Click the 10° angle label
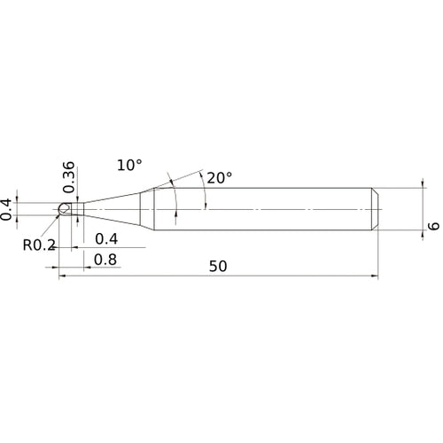(x=128, y=166)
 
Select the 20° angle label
(x=219, y=177)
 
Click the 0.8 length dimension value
(x=106, y=260)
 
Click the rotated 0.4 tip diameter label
(x=8, y=209)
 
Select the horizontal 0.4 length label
(x=106, y=239)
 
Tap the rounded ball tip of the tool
(x=62, y=210)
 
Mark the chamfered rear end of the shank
(x=375, y=209)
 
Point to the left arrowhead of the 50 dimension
(x=62, y=276)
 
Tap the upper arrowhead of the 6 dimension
(x=419, y=190)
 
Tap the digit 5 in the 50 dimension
(x=213, y=266)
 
